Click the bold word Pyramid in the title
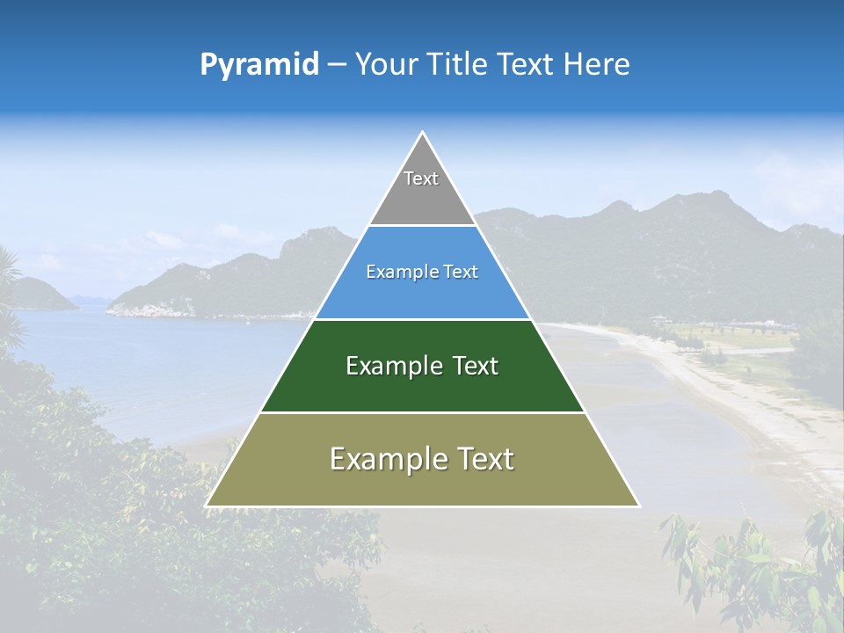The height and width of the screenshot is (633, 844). (x=259, y=64)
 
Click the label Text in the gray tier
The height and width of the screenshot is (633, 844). (x=421, y=178)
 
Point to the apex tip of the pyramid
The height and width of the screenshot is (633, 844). (x=423, y=133)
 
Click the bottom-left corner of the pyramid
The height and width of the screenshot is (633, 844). (x=207, y=506)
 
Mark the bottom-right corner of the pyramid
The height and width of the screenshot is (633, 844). (x=638, y=506)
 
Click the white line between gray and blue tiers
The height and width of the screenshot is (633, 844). (x=422, y=226)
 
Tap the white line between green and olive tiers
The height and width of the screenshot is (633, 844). (x=422, y=412)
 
